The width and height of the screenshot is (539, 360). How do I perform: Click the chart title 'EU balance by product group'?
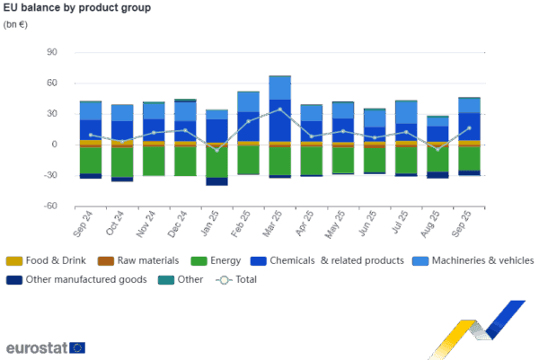[77, 8]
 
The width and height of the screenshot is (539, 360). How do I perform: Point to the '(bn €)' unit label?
[15, 23]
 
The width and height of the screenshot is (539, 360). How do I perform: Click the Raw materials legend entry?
[137, 261]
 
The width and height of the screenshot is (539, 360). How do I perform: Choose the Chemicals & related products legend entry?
[315, 261]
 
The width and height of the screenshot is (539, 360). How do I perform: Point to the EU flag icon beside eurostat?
[77, 347]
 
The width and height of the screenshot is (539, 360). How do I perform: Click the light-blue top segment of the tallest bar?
[279, 87]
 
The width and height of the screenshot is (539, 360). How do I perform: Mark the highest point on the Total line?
[279, 110]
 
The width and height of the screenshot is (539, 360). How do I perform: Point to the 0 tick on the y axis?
[55, 144]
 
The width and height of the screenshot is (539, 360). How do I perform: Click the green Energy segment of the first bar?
[91, 160]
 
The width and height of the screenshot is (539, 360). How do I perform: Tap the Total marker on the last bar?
[469, 127]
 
